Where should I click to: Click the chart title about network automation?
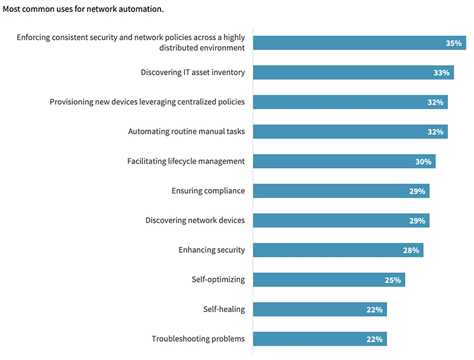83,9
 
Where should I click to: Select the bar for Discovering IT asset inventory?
353,73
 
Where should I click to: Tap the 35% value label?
453,43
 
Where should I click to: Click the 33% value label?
441,73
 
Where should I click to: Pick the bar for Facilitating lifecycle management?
344,161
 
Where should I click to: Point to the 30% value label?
423,161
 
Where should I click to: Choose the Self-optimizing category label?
218,279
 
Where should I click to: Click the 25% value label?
393,279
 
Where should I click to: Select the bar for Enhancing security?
338,250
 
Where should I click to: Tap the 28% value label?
411,250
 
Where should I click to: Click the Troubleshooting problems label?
198,339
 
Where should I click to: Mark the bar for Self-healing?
320,309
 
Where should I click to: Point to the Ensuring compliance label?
208,191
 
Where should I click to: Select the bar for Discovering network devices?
341,220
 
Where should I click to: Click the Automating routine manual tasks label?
186,131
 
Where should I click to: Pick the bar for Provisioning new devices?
350,102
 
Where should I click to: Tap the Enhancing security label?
212,250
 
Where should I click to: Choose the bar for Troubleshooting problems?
320,339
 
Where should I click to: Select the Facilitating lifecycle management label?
185,161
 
